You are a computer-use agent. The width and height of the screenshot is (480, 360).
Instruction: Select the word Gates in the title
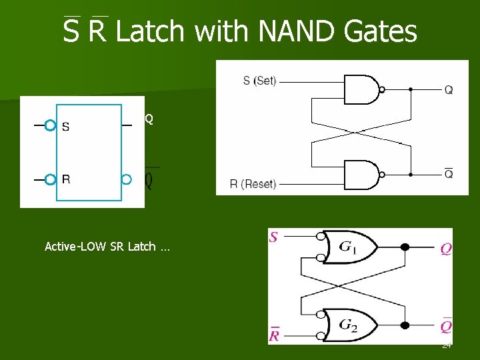pos(383,31)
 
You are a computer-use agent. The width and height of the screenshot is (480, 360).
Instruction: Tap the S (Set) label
pos(259,81)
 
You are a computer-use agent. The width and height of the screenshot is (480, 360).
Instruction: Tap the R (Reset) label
pos(253,183)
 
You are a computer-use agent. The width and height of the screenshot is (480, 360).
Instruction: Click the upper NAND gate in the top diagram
pos(360,89)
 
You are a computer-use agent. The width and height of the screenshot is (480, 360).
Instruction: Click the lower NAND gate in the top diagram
pos(360,175)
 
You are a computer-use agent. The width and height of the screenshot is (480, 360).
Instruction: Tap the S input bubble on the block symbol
pos(49,125)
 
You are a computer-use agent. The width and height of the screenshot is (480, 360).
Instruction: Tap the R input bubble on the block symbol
pos(49,179)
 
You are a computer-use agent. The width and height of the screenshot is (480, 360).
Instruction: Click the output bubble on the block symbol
pos(127,179)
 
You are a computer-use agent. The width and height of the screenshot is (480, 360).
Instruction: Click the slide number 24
pos(447,345)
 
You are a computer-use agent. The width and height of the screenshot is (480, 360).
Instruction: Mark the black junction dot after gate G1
pos(405,247)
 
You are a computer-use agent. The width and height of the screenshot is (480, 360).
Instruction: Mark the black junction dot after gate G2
pos(405,325)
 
